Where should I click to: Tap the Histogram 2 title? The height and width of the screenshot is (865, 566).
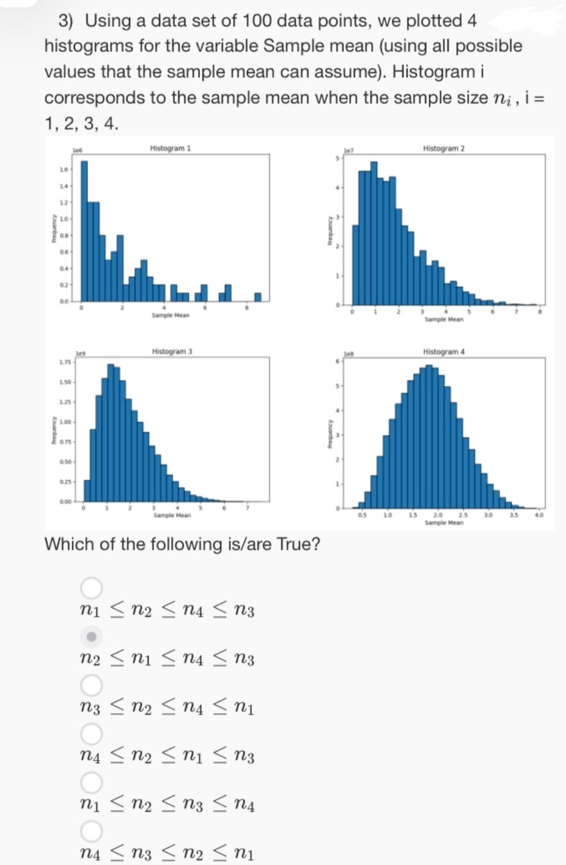[444, 148]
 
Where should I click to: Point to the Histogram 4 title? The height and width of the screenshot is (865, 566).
[444, 351]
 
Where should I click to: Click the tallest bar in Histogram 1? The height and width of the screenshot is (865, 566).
[84, 231]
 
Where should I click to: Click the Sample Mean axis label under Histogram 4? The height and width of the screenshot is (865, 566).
[444, 523]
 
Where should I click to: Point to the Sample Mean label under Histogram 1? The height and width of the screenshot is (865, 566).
[169, 315]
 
